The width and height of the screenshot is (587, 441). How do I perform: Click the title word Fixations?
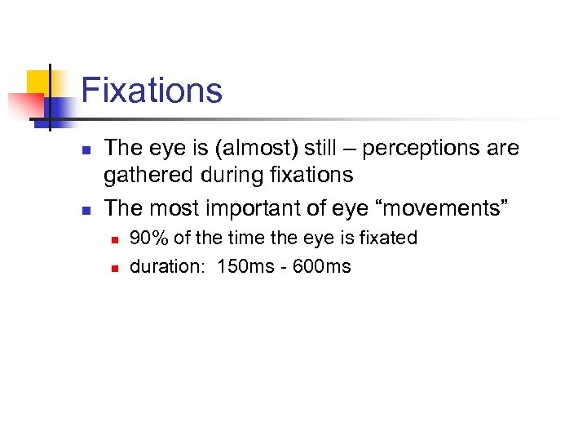tap(152, 90)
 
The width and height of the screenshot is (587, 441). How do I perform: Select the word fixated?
tap(388, 238)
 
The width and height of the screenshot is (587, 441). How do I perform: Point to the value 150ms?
tap(245, 266)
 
